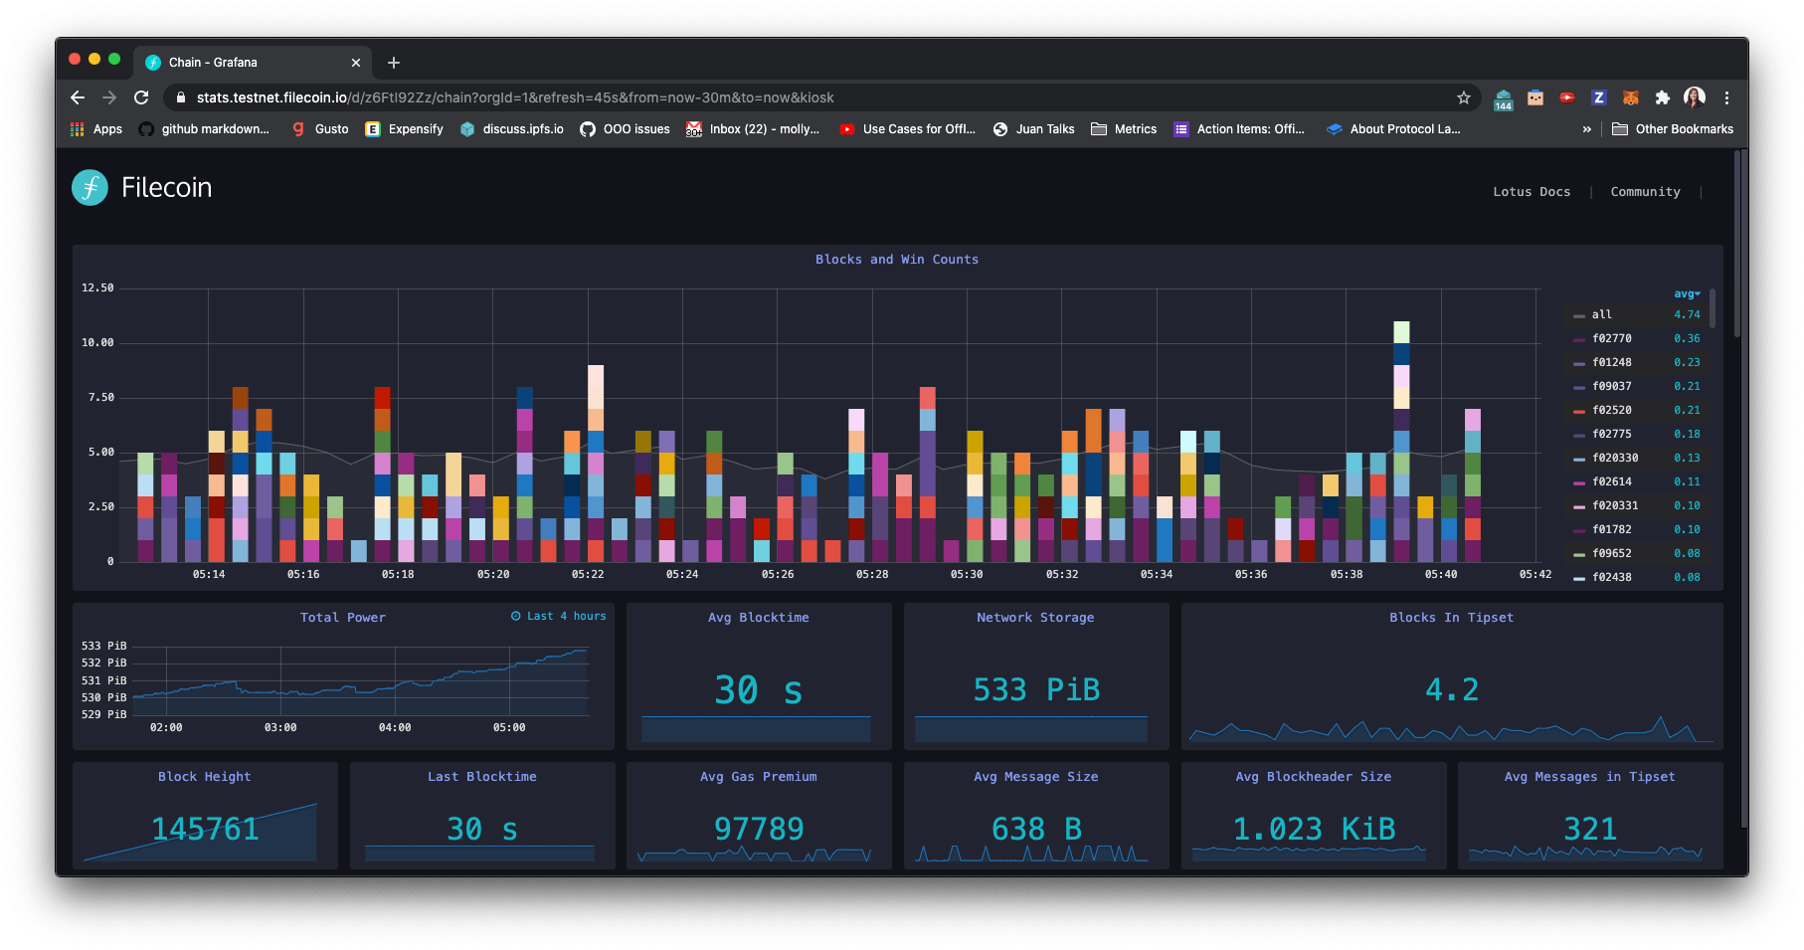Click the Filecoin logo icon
pos(90,187)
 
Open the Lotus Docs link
pos(1531,192)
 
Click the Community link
pos(1645,192)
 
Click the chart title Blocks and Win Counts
pos(896,260)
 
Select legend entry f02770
pos(1611,338)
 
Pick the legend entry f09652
pos(1611,553)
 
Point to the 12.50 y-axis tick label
pos(97,288)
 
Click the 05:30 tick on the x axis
pos(966,574)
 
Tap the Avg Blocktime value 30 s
pos(758,689)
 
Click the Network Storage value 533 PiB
pos(1035,689)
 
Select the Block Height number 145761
pos(205,829)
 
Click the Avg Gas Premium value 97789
pos(758,829)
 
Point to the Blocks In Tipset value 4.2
pos(1451,689)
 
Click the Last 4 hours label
pos(559,616)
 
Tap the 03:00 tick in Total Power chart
pos(280,727)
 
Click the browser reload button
pos(141,97)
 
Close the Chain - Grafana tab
pos(356,63)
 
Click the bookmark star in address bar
pos(1463,97)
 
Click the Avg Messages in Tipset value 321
pos(1589,829)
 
